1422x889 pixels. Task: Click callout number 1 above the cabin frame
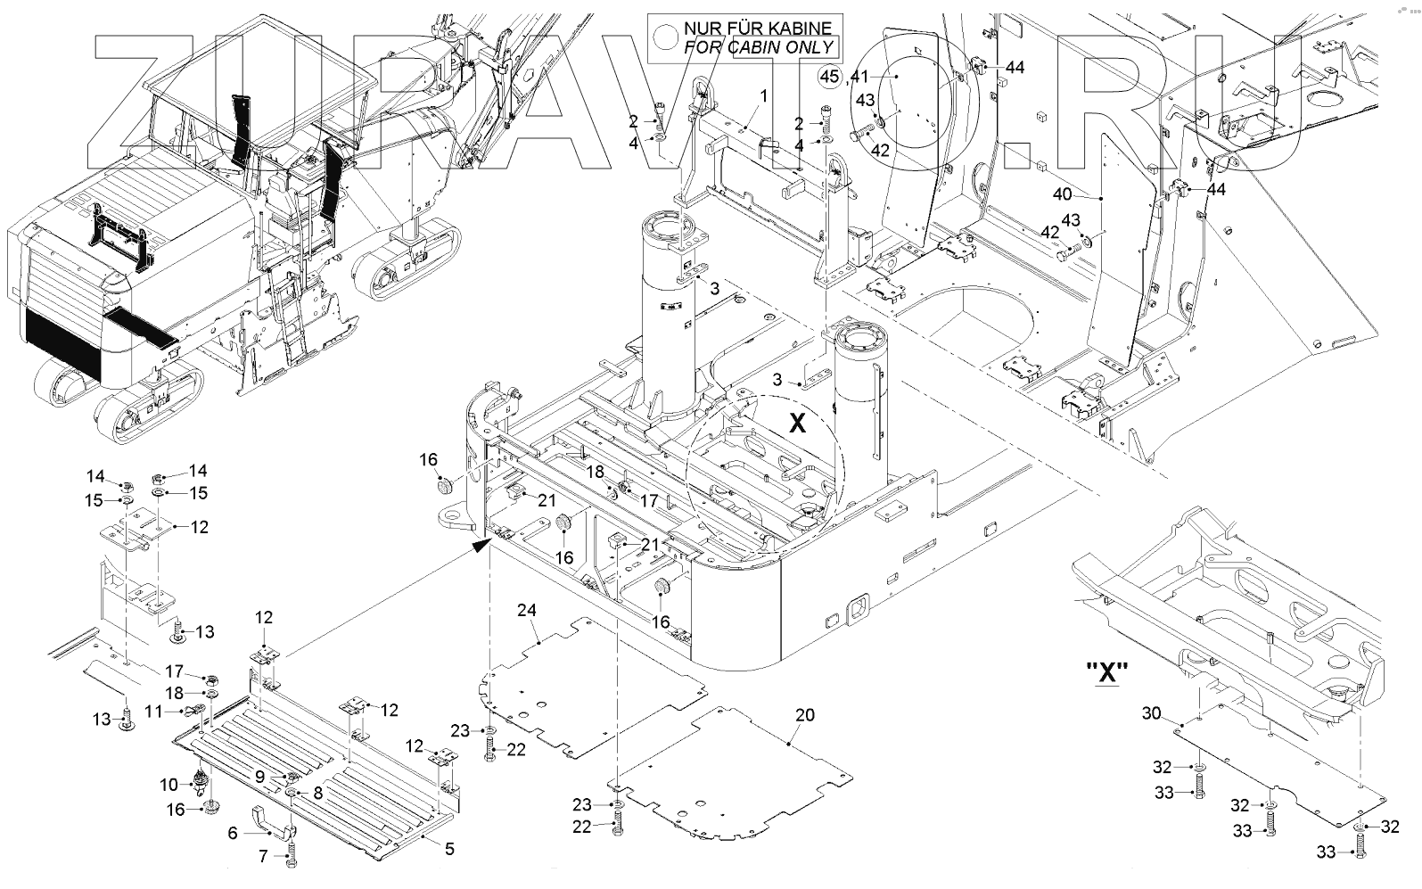point(763,95)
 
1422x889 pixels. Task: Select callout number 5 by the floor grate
point(449,848)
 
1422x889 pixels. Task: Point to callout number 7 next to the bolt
point(262,857)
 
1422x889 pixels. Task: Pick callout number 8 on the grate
point(317,791)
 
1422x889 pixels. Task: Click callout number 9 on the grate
point(259,777)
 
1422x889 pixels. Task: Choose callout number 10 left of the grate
point(169,785)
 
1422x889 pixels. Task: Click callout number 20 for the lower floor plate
point(805,715)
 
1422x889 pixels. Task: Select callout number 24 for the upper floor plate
point(527,610)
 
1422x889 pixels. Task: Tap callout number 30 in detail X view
point(1151,713)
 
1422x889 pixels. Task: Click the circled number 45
point(830,77)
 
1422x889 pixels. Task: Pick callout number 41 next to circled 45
point(859,77)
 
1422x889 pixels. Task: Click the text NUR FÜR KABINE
point(757,29)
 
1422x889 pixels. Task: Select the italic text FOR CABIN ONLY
point(759,47)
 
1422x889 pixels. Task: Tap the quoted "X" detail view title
point(1107,672)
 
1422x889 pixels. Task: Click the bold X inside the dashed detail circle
point(797,423)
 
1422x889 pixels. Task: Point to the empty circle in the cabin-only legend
point(665,37)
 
